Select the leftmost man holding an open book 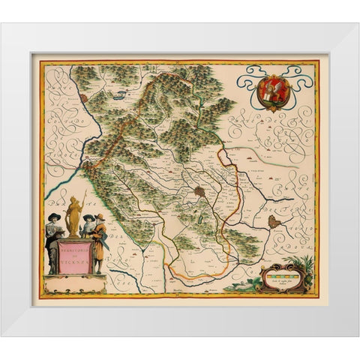pyautogui.click(x=55, y=240)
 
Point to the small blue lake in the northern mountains pyautogui.click(x=120, y=96)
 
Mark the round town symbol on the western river pyautogui.click(x=84, y=98)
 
